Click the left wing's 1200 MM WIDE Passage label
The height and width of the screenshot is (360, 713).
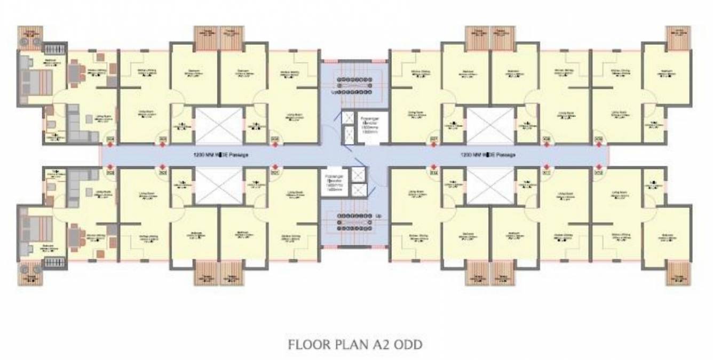[x=220, y=155]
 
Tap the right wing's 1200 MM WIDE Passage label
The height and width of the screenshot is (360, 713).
[x=488, y=155]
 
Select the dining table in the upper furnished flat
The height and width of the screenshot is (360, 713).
[x=76, y=72]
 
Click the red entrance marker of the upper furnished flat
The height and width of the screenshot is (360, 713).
[x=110, y=143]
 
